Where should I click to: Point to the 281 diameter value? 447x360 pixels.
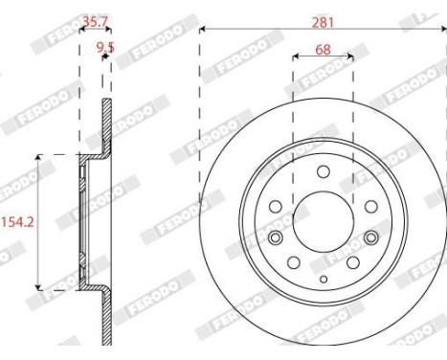[x=323, y=16]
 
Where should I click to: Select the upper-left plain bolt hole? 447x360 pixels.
[x=276, y=204]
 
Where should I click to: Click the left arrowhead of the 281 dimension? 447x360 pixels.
[x=203, y=30]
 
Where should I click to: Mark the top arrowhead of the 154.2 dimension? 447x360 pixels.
[x=38, y=157]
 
